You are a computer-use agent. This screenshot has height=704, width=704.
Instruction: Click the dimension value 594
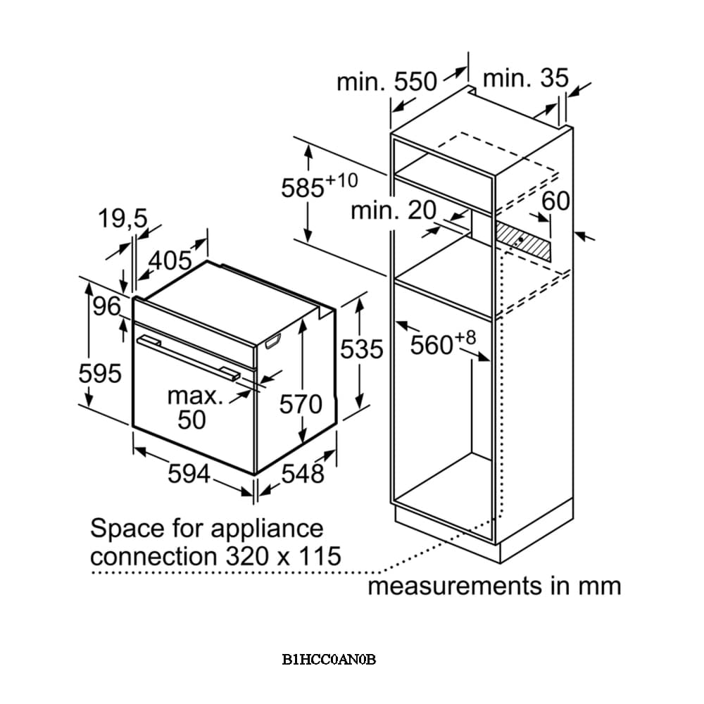tap(189, 474)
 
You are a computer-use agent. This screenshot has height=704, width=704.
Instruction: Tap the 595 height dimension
tap(100, 374)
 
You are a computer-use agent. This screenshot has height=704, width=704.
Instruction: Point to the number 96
tap(107, 308)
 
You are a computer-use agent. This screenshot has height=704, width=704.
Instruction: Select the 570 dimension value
tap(301, 404)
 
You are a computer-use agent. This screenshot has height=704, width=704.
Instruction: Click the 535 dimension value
tap(361, 349)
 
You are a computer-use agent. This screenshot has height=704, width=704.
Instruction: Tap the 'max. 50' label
tap(194, 408)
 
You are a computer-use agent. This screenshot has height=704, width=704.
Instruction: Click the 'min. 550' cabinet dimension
tap(386, 82)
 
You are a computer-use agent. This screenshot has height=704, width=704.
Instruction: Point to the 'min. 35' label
tap(524, 79)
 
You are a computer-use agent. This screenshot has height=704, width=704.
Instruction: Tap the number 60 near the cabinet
tap(555, 201)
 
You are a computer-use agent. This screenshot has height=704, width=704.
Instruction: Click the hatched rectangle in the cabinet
tap(523, 242)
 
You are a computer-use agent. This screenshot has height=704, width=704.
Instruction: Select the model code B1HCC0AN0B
tap(329, 660)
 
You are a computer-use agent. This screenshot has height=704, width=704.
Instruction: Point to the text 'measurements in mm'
tap(494, 586)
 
